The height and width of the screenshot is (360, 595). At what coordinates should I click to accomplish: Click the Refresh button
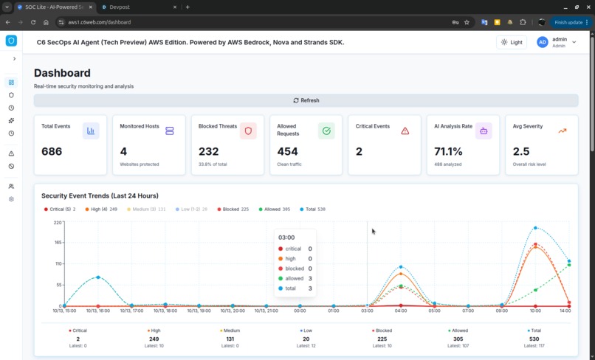click(306, 100)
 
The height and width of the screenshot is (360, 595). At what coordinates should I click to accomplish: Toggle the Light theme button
click(511, 42)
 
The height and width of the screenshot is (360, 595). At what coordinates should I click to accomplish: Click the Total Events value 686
click(52, 151)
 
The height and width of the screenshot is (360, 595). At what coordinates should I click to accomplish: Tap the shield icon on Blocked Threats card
click(248, 131)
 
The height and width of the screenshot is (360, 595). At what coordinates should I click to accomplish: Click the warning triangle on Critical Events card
click(405, 131)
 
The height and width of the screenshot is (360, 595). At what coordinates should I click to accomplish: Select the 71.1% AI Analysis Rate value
click(448, 151)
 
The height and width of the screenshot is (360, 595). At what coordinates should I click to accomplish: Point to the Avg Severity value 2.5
click(521, 151)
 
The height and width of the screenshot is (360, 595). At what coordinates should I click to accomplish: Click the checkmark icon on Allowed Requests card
click(326, 131)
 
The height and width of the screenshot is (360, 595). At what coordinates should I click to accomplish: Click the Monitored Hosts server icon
click(170, 131)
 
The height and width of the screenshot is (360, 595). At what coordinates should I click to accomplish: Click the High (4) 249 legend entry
click(101, 210)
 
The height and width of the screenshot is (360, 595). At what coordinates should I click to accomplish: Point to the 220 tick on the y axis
click(58, 222)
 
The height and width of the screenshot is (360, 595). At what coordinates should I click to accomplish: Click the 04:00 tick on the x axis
click(401, 311)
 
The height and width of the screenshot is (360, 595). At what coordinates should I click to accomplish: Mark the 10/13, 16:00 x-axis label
click(98, 311)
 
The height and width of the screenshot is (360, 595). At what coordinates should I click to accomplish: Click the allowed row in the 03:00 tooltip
click(295, 278)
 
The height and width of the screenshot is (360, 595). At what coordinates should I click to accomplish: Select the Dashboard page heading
click(62, 73)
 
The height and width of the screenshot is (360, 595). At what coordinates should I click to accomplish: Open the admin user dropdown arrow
click(574, 42)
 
